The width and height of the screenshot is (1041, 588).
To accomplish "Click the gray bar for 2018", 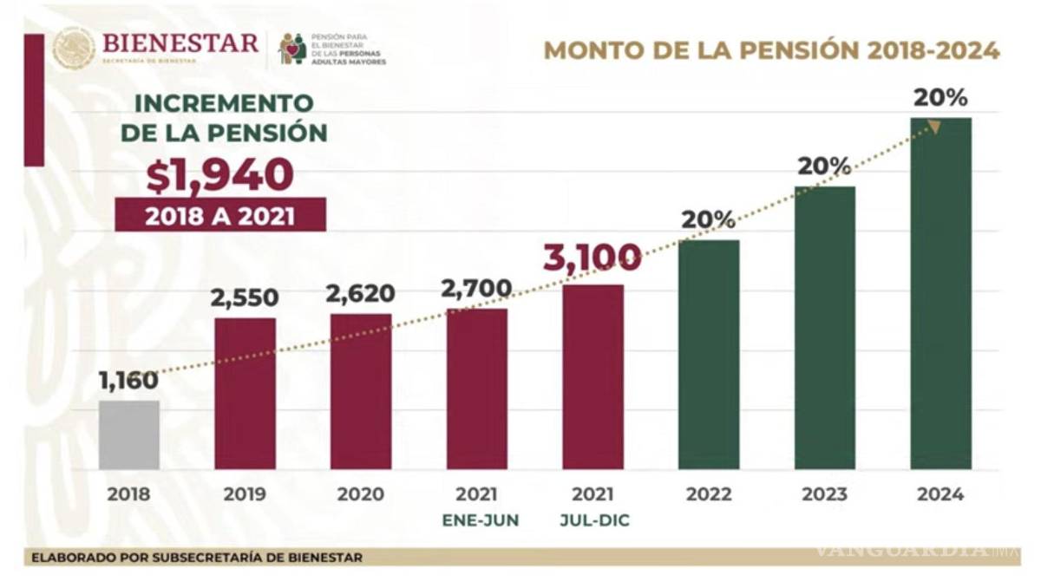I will click(x=128, y=434).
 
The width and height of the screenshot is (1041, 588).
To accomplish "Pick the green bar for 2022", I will click(x=709, y=355).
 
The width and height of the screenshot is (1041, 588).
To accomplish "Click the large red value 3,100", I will click(x=593, y=258).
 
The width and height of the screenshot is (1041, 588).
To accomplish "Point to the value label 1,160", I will click(x=128, y=380).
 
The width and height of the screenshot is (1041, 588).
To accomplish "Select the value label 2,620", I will click(x=360, y=294).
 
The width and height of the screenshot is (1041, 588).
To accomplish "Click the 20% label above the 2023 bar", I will click(x=824, y=166).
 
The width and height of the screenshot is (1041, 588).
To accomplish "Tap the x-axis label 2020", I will click(x=360, y=494).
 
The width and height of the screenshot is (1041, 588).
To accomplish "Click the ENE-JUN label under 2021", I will click(x=476, y=520).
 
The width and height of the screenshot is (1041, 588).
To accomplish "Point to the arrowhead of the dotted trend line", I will click(x=934, y=127).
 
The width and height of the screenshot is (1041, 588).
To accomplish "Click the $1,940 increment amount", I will click(x=219, y=176).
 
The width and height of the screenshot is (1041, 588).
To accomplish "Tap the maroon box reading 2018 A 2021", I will click(x=219, y=215).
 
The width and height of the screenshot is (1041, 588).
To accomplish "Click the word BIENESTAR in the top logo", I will click(x=180, y=42).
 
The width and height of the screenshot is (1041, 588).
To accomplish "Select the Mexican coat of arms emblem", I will click(x=74, y=47).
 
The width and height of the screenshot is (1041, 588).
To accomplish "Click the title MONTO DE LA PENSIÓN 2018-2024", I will click(x=771, y=50).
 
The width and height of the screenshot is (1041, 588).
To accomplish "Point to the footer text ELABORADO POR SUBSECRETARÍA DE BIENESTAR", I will click(x=197, y=557).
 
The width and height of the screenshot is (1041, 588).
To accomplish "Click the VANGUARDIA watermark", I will click(x=911, y=550).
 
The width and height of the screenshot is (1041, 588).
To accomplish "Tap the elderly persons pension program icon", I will click(x=291, y=49).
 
